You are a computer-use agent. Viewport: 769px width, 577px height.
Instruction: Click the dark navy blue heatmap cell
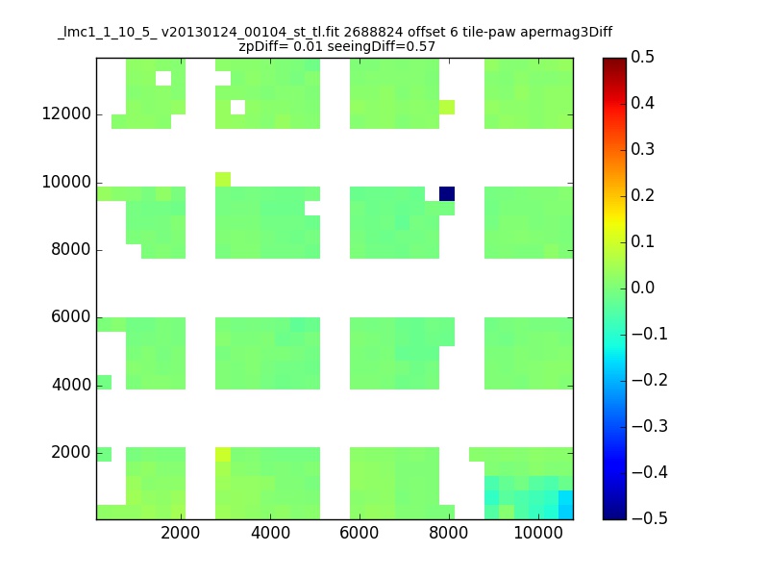click(447, 194)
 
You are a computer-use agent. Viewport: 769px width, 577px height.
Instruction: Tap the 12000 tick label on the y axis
click(66, 113)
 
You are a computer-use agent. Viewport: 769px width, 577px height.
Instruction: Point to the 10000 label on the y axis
click(66, 182)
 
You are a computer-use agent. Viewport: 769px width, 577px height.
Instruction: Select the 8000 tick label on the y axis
click(70, 249)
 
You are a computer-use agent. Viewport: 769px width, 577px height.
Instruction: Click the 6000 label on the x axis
click(359, 533)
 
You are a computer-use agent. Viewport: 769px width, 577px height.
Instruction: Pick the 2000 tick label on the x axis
click(181, 533)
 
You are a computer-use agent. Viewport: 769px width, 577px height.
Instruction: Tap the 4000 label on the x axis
click(270, 533)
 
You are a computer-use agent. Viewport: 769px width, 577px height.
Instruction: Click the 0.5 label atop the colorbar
click(642, 57)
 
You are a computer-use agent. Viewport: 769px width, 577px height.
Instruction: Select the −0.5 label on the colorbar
click(650, 518)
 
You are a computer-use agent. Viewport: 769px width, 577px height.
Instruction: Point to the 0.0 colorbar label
click(642, 288)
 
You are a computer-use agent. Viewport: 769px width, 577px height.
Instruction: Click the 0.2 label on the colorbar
click(642, 195)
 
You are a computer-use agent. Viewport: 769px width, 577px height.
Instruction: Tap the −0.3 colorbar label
click(650, 426)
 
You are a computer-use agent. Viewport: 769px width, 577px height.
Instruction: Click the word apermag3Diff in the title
click(566, 33)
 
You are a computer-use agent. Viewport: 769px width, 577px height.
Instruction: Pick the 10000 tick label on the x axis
click(538, 533)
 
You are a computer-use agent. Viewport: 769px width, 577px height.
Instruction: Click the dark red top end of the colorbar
click(614, 61)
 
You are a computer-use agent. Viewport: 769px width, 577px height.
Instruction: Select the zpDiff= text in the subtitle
click(263, 47)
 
